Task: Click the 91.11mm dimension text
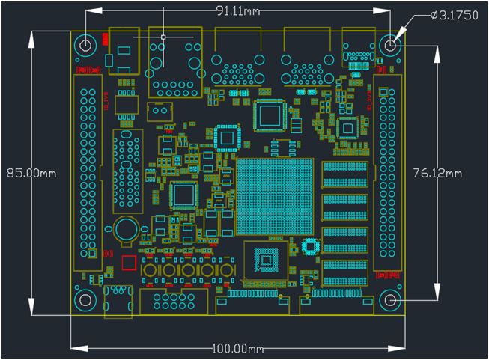point(239,10)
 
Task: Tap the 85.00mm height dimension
point(31,172)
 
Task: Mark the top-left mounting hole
point(86,45)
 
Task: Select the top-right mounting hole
point(390,45)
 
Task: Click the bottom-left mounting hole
point(86,300)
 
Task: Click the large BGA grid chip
point(275,195)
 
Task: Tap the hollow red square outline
point(129,263)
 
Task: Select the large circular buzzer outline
point(127,230)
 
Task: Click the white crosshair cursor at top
point(163,35)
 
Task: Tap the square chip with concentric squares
point(264,260)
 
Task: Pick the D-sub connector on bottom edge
point(173,302)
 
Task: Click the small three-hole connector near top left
point(159,112)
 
